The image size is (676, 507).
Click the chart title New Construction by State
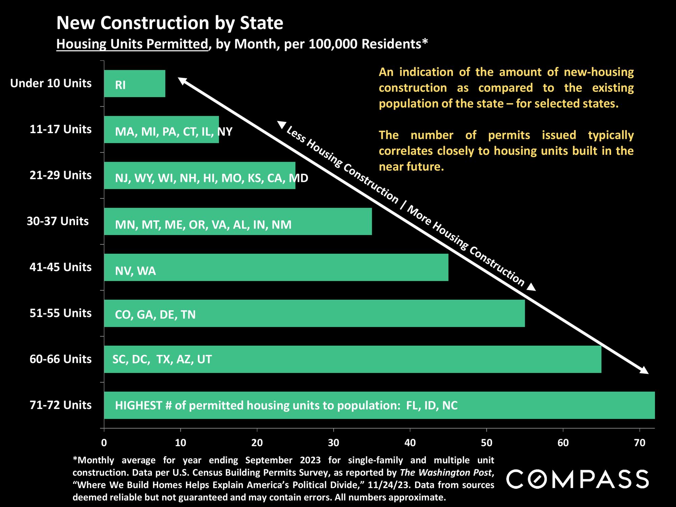[x=170, y=23]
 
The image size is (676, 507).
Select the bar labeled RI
[x=135, y=84]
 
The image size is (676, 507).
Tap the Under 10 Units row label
[x=51, y=83]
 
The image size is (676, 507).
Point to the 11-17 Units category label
[x=61, y=129]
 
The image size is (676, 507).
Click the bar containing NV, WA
[x=276, y=267]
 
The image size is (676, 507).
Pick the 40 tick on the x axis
[x=410, y=443]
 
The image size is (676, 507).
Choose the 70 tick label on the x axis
[x=639, y=443]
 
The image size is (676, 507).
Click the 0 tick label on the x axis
[x=104, y=443]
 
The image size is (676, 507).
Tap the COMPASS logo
[x=577, y=479]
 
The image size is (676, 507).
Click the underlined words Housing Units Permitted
[x=132, y=44]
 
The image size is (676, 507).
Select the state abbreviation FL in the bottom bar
[x=412, y=405]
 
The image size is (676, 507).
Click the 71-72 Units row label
[x=61, y=405]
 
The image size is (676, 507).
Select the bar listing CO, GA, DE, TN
[x=314, y=313]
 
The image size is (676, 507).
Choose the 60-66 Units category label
[x=61, y=359]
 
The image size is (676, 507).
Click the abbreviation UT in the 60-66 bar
[x=204, y=359]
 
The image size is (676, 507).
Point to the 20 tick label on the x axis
[x=257, y=443]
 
